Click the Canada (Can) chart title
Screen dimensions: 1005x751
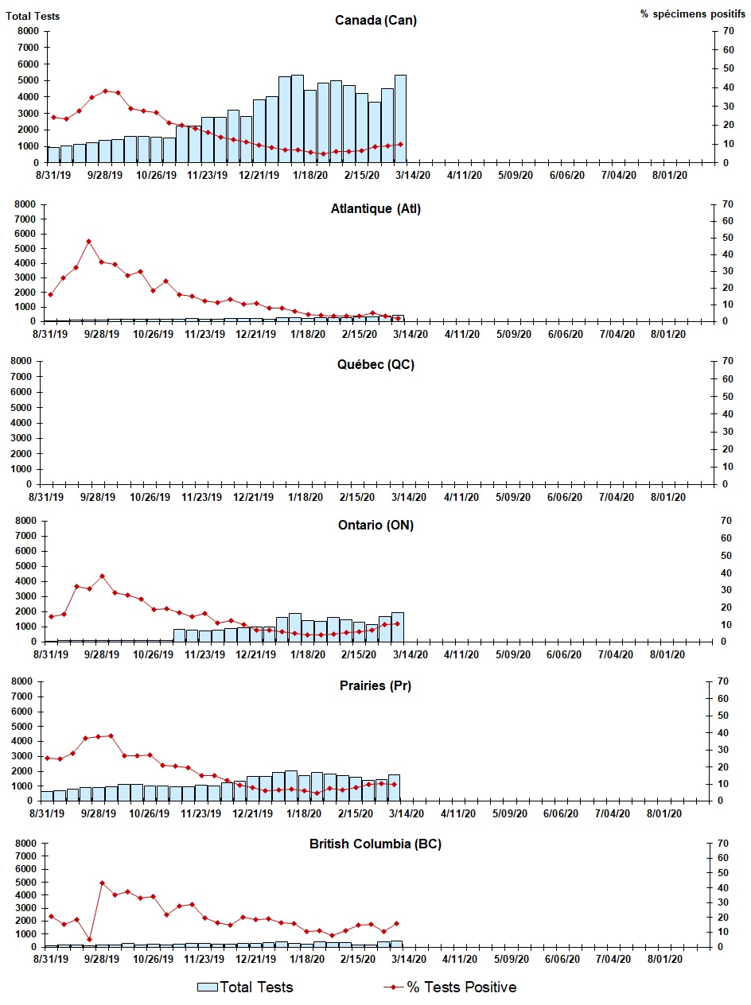click(x=375, y=21)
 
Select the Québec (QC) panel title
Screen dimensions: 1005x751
click(x=375, y=365)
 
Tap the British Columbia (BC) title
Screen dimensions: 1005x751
click(x=375, y=844)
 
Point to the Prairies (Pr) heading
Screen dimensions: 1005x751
click(x=375, y=686)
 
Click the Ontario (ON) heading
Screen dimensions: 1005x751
click(x=375, y=525)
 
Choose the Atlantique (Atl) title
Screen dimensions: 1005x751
click(x=375, y=209)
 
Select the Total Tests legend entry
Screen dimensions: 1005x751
click(x=246, y=987)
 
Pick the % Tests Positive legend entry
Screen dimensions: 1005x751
click(x=450, y=987)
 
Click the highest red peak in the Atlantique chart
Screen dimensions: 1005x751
click(x=88, y=241)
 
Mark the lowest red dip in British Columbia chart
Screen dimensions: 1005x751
click(x=89, y=939)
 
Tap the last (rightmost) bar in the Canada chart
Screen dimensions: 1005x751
click(x=400, y=118)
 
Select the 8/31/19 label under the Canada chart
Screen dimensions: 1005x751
click(x=51, y=176)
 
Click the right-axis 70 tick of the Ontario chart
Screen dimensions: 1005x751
click(x=726, y=521)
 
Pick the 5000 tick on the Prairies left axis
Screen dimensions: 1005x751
click(x=25, y=727)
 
